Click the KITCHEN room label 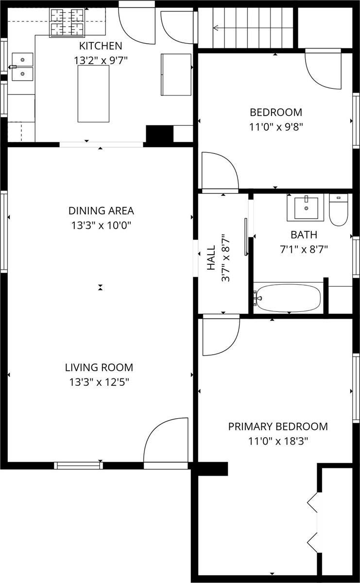[101, 46]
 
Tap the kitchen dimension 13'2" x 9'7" [101, 61]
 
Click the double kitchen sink [22, 67]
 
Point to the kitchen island [93, 94]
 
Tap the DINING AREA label [101, 211]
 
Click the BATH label [304, 235]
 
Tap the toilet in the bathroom [338, 210]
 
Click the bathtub [288, 297]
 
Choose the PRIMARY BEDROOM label [278, 427]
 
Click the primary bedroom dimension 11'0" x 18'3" [278, 441]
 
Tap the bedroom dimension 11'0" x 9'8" [276, 127]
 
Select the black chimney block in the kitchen [159, 134]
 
